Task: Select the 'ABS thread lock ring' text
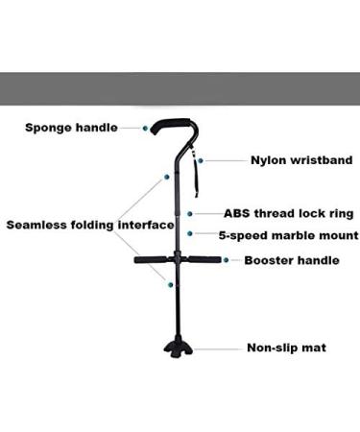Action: pyautogui.click(x=288, y=213)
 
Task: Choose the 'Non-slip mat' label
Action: pyautogui.click(x=285, y=348)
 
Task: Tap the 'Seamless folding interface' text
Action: pyautogui.click(x=90, y=226)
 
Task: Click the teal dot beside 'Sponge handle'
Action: pyautogui.click(x=146, y=127)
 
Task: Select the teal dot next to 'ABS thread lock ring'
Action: pyautogui.click(x=191, y=213)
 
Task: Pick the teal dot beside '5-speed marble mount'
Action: pyautogui.click(x=190, y=233)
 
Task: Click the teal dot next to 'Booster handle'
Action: pyautogui.click(x=224, y=258)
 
